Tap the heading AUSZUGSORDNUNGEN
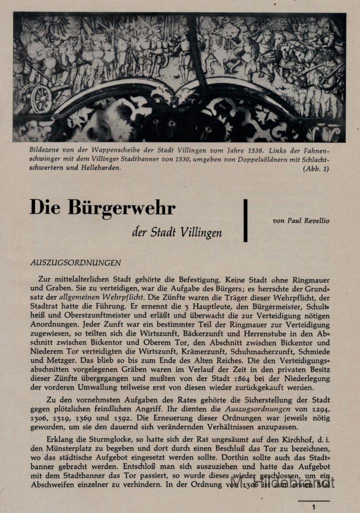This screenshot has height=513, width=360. point(75,262)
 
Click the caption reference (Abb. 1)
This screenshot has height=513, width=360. point(315,169)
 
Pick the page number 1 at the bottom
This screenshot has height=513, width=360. point(314,507)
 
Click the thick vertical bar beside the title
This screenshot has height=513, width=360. point(245,220)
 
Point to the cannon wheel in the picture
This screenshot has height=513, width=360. point(42,99)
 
